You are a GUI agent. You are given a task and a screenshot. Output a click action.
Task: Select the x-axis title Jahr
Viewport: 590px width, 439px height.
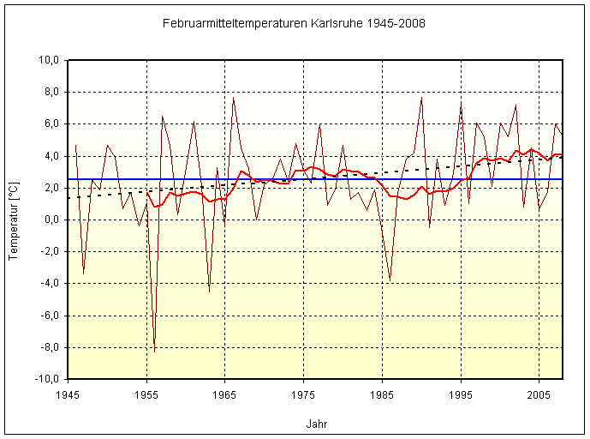pyautogui.click(x=316, y=424)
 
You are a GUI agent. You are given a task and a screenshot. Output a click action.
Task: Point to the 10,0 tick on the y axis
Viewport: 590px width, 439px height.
pyautogui.click(x=46, y=61)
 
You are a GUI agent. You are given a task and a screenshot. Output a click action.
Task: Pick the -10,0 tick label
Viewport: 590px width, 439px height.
pyautogui.click(x=45, y=379)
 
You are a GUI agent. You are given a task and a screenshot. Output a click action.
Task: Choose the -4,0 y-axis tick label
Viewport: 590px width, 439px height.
pyautogui.click(x=47, y=284)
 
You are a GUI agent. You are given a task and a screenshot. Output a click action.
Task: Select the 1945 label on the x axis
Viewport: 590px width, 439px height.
pyautogui.click(x=68, y=395)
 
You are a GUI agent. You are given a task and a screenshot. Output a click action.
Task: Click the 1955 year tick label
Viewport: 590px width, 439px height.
pyautogui.click(x=146, y=395)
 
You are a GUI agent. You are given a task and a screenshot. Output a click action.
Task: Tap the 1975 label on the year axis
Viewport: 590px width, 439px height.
pyautogui.click(x=303, y=395)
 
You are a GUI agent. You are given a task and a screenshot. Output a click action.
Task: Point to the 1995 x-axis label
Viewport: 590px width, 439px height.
pyautogui.click(x=461, y=395)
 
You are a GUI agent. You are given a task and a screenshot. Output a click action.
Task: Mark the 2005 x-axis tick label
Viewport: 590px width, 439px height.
pyautogui.click(x=539, y=395)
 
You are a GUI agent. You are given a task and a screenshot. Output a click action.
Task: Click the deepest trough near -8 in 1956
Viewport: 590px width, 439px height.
pyautogui.click(x=154, y=350)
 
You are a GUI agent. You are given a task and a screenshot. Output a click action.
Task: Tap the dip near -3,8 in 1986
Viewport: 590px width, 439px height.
pyautogui.click(x=390, y=280)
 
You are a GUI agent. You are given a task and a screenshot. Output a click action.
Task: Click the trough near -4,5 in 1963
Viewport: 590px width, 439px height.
pyautogui.click(x=209, y=292)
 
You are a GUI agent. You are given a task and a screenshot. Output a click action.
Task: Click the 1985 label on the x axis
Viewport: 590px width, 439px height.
pyautogui.click(x=382, y=395)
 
